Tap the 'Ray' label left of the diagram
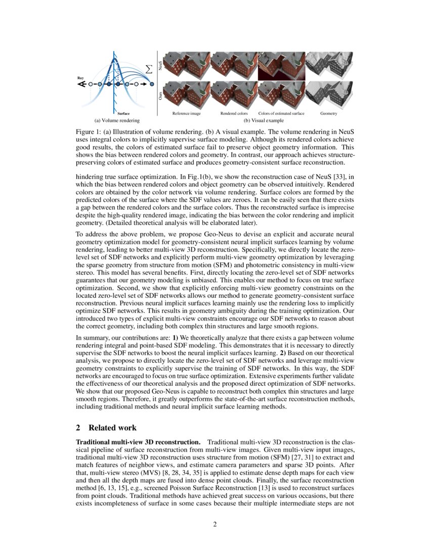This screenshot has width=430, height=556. (x=80, y=78)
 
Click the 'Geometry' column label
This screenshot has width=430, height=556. (x=329, y=114)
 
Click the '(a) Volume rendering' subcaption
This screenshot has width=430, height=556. (x=117, y=121)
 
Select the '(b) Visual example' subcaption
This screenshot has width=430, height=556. (x=264, y=121)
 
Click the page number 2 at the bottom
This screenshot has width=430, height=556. (x=215, y=524)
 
